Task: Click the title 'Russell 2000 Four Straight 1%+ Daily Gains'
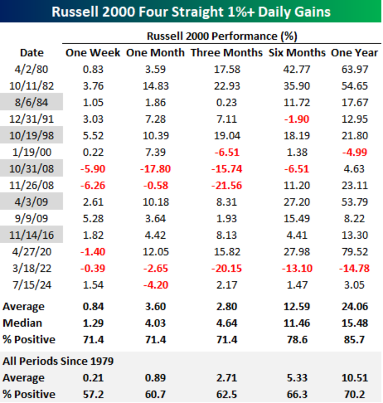pos(191,11)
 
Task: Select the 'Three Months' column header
pos(227,53)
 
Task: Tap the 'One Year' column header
pos(354,53)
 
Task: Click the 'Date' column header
pos(32,53)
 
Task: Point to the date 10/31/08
pos(32,168)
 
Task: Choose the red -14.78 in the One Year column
pos(354,269)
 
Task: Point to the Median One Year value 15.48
pos(354,323)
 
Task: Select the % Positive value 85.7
pos(354,339)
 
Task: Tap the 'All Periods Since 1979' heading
pos(58,362)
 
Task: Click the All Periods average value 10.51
pos(354,378)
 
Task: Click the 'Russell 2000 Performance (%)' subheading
pos(222,36)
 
